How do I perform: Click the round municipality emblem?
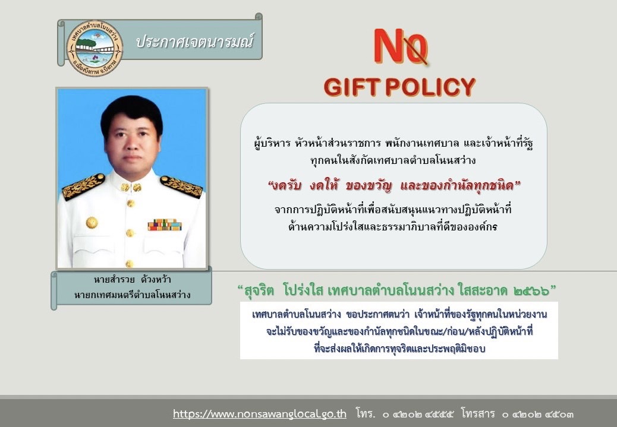95,49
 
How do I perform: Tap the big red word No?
400,46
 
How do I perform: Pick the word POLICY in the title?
430,87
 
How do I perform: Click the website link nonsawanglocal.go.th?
260,413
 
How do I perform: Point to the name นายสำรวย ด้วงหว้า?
132,280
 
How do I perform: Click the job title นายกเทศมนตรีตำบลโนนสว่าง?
132,295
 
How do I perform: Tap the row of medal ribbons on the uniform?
165,224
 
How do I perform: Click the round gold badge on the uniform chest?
92,223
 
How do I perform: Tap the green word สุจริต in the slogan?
259,291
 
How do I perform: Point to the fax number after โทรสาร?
537,415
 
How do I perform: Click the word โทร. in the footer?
366,413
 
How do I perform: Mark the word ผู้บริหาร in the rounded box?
272,143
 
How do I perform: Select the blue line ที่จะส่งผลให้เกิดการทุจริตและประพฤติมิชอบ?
399,349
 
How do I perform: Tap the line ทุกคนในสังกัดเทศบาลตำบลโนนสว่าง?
393,160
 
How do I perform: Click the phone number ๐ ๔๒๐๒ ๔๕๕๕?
417,415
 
